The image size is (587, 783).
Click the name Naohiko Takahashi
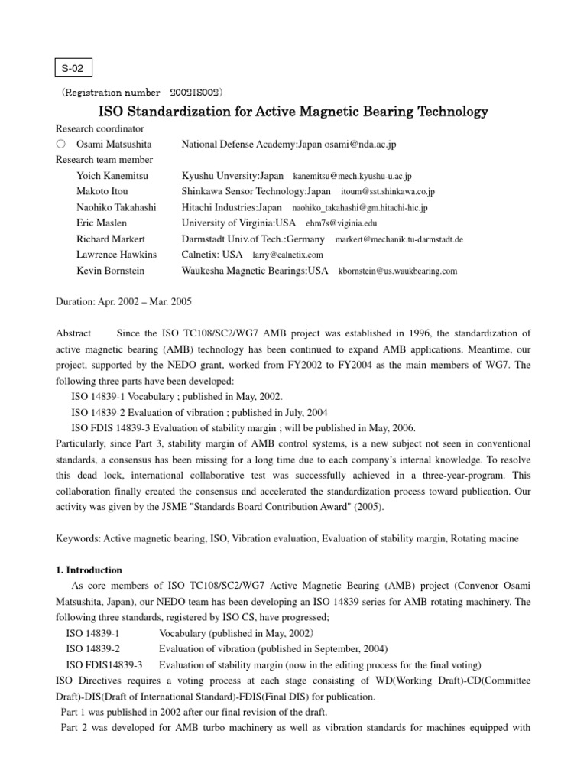coord(116,207)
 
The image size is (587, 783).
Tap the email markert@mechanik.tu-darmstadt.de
coord(399,239)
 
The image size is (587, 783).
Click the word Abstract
coord(73,333)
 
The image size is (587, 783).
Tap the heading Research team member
coord(104,160)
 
